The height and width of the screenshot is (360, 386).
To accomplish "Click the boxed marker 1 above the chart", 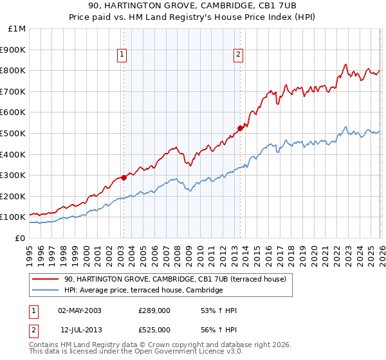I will click(123, 55).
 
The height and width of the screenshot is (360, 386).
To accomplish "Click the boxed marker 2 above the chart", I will click(238, 55).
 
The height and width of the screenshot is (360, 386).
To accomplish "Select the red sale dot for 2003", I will click(124, 177).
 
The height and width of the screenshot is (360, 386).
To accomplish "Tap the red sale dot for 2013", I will click(240, 128).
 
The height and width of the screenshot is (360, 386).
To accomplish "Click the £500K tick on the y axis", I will click(13, 133).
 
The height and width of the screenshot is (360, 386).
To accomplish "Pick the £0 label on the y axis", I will click(21, 238).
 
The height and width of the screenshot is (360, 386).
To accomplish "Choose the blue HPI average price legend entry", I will click(143, 291).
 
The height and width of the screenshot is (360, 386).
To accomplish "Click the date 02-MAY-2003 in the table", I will click(79, 310).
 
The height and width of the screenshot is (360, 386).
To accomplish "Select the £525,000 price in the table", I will click(154, 329).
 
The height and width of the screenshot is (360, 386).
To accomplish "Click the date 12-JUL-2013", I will click(79, 329).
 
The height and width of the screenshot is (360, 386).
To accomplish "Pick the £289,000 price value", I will click(154, 310).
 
